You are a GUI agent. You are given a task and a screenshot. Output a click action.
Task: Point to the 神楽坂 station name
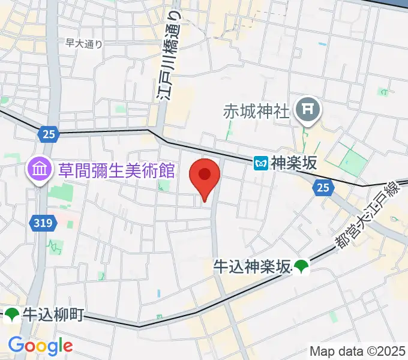pos(293,163)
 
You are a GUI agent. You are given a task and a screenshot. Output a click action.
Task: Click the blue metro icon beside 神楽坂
pos(261,163)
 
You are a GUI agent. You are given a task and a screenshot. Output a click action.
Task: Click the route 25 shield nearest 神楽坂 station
pos(323,188)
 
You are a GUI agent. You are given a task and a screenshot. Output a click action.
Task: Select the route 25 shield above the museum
pos(49,134)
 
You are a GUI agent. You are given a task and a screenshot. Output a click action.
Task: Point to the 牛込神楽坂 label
pos(252,266)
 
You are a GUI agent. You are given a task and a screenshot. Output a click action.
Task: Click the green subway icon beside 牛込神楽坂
pos(301,266)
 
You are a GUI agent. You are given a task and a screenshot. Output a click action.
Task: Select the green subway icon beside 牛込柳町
pos(13,314)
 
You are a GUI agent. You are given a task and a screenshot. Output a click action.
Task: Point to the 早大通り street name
pos(83,43)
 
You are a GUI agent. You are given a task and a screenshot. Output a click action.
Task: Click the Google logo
pos(40,345)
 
